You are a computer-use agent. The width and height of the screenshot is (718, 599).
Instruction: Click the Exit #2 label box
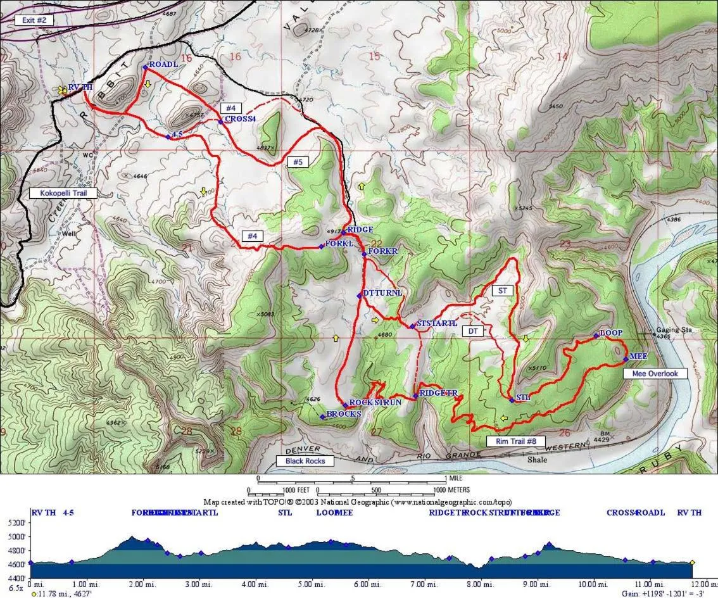[x=39, y=20]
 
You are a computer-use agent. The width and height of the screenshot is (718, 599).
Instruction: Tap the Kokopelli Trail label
[x=63, y=192]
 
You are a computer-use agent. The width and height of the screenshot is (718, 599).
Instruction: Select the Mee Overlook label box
[x=655, y=374]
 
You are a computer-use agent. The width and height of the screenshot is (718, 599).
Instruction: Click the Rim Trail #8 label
[x=512, y=441]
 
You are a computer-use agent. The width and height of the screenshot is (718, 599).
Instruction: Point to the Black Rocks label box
[x=305, y=461]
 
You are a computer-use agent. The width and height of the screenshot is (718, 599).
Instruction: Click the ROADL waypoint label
[x=163, y=65]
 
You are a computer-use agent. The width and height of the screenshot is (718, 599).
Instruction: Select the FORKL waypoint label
[x=339, y=244]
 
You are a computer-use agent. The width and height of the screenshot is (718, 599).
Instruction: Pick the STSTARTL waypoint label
[x=436, y=324]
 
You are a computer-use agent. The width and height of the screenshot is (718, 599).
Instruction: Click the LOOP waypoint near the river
[x=610, y=333]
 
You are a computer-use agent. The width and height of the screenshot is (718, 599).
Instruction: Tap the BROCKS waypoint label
[x=343, y=414]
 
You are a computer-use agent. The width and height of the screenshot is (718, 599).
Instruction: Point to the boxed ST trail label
[x=503, y=290]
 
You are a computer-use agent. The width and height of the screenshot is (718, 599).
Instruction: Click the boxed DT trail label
[x=472, y=331]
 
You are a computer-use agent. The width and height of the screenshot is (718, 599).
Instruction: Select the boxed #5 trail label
[x=297, y=161]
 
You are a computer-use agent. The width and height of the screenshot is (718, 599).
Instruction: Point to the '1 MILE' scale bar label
[x=455, y=478]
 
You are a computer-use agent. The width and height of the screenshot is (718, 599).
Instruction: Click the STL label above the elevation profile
[x=285, y=512]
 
